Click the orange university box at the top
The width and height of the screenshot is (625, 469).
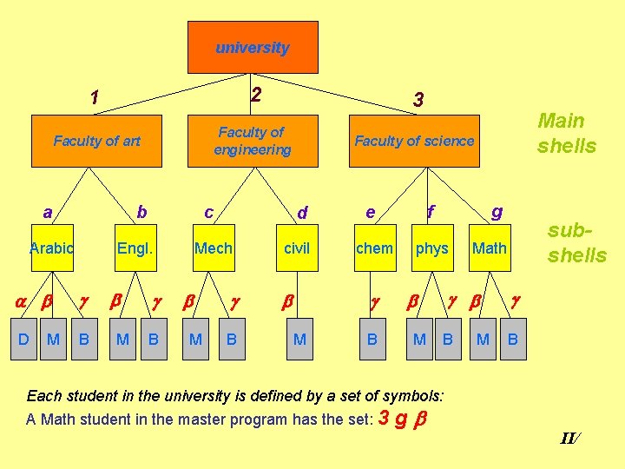pyautogui.click(x=253, y=48)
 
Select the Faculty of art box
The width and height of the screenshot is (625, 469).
pyautogui.click(x=96, y=141)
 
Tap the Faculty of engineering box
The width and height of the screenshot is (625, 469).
pyautogui.click(x=253, y=141)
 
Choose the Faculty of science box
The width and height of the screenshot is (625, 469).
pyautogui.click(x=414, y=141)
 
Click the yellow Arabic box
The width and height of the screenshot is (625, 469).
pyautogui.click(x=51, y=248)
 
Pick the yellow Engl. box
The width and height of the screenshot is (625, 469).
pyautogui.click(x=135, y=248)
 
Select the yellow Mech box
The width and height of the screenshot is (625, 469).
pyautogui.click(x=213, y=248)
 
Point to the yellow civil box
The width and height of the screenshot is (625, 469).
pyautogui.click(x=297, y=248)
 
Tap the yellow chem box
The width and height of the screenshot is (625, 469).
pyautogui.click(x=374, y=248)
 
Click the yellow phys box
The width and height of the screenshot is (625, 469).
pyautogui.click(x=431, y=248)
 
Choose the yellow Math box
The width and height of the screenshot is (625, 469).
pyautogui.click(x=489, y=248)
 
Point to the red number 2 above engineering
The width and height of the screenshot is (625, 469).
pyautogui.click(x=255, y=95)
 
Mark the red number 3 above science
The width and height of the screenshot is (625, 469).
pyautogui.click(x=418, y=101)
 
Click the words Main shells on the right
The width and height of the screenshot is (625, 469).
pyautogui.click(x=567, y=133)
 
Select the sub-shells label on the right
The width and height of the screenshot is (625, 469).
pyautogui.click(x=577, y=243)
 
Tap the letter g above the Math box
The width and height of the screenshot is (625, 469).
pyautogui.click(x=497, y=211)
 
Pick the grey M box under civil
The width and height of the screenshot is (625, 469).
pyautogui.click(x=299, y=339)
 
